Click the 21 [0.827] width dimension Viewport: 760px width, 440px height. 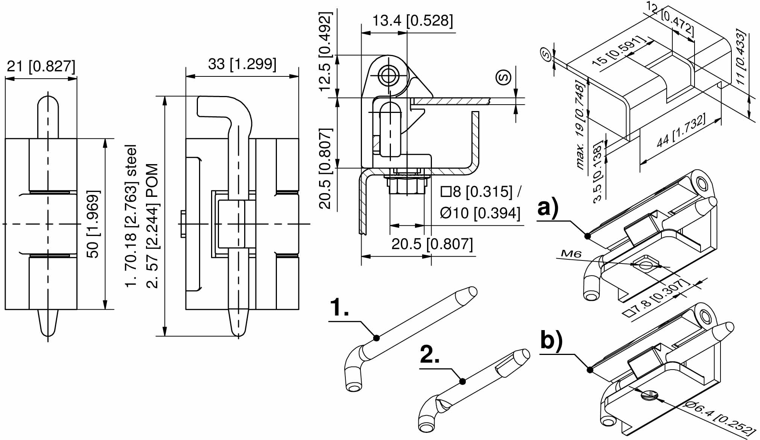pos(41,67)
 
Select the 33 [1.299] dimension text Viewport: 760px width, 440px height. pos(242,64)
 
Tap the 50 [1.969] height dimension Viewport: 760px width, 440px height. pos(93,224)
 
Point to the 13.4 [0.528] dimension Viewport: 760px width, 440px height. pos(412,20)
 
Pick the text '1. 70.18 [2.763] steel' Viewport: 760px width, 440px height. pos(131,216)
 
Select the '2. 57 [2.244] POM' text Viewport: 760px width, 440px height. pos(152,225)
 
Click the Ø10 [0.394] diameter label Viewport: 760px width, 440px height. pos(480,213)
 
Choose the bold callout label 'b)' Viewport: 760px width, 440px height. pos(551,340)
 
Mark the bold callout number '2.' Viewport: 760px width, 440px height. pos(430,355)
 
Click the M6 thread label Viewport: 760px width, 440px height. pos(571,254)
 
